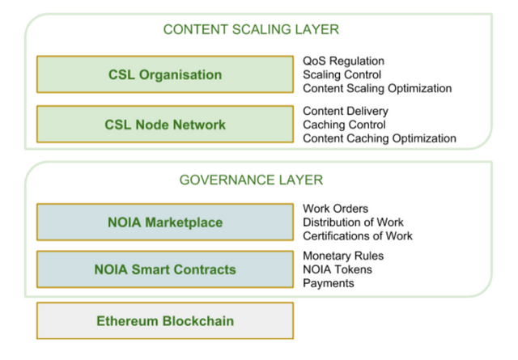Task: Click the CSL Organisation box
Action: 165,74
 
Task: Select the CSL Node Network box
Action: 165,125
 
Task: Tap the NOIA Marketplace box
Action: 165,222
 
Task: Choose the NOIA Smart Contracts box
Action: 165,269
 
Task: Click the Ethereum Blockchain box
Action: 165,320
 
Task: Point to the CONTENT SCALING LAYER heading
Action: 251,29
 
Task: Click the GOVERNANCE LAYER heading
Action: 251,180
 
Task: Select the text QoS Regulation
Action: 343,61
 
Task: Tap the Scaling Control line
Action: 342,74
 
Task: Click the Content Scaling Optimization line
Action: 377,88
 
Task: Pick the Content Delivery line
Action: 346,111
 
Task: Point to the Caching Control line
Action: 344,125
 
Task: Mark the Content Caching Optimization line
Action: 380,138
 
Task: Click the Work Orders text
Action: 335,209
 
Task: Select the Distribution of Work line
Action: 353,222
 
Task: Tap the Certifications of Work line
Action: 358,236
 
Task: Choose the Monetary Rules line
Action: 343,256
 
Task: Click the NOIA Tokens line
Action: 338,269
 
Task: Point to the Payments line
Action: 329,283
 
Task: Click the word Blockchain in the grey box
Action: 198,321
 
